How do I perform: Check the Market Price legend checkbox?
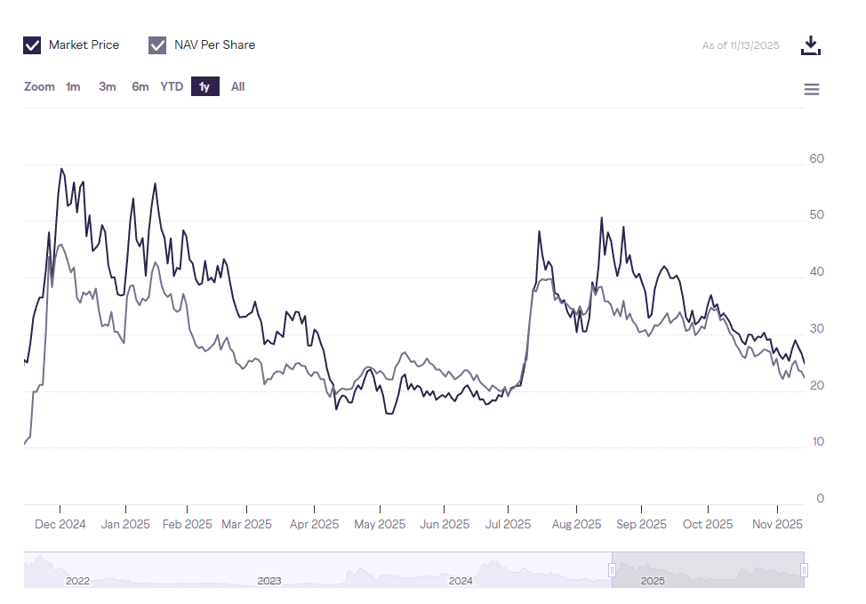pyautogui.click(x=32, y=45)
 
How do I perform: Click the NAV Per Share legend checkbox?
pyautogui.click(x=158, y=45)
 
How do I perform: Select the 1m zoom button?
pyautogui.click(x=73, y=87)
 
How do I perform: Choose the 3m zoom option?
pyautogui.click(x=108, y=87)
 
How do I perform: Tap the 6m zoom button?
pyautogui.click(x=140, y=87)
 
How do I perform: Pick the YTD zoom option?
pyautogui.click(x=172, y=87)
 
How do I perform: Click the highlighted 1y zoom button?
pyautogui.click(x=204, y=87)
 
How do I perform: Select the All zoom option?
pyautogui.click(x=237, y=87)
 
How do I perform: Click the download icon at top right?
pyautogui.click(x=810, y=45)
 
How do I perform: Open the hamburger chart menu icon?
pyautogui.click(x=811, y=89)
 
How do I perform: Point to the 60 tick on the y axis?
pyautogui.click(x=816, y=159)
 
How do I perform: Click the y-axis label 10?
pyautogui.click(x=816, y=442)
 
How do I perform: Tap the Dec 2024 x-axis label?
pyautogui.click(x=60, y=524)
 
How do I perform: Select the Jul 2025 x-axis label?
pyautogui.click(x=507, y=524)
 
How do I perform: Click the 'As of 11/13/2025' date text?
pyautogui.click(x=741, y=45)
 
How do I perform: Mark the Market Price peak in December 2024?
pyautogui.click(x=61, y=168)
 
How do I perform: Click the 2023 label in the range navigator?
pyautogui.click(x=269, y=581)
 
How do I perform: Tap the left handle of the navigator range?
pyautogui.click(x=612, y=569)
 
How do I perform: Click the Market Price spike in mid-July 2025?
pyautogui.click(x=540, y=231)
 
